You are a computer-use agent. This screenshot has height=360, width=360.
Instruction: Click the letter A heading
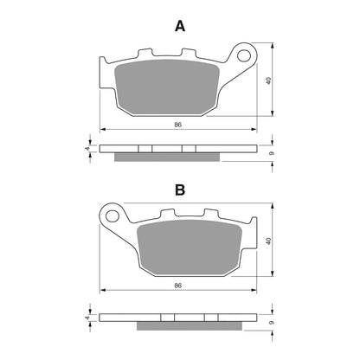tap(180, 27)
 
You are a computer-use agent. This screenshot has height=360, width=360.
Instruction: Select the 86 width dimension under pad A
tap(178, 125)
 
